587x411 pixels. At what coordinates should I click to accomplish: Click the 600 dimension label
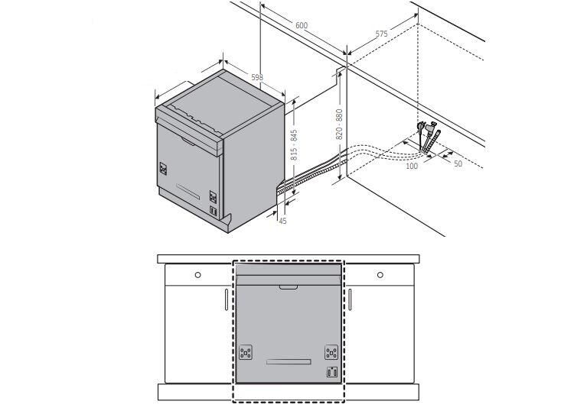click(302, 25)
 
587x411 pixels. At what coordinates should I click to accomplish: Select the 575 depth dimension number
click(381, 34)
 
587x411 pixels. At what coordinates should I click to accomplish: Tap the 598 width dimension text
click(257, 77)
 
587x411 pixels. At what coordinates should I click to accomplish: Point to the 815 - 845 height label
click(294, 145)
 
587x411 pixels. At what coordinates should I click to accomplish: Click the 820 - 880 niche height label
click(339, 125)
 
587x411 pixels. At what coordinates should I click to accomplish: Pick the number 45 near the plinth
click(282, 221)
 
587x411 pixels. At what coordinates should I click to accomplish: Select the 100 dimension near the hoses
click(412, 166)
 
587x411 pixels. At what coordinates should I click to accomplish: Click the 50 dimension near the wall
click(458, 163)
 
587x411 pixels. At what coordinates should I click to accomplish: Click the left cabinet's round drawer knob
click(197, 275)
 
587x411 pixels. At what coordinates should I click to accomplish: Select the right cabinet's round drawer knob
click(380, 275)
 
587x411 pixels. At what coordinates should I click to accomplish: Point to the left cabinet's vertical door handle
click(227, 299)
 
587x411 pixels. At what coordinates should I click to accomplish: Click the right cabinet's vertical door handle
click(350, 299)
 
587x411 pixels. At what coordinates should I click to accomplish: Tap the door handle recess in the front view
click(289, 287)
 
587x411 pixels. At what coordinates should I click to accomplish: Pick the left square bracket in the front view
click(246, 352)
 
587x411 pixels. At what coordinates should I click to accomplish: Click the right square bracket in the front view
click(331, 352)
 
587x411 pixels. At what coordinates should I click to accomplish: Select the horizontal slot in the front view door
click(289, 361)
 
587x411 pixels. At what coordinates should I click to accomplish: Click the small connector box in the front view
click(331, 372)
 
